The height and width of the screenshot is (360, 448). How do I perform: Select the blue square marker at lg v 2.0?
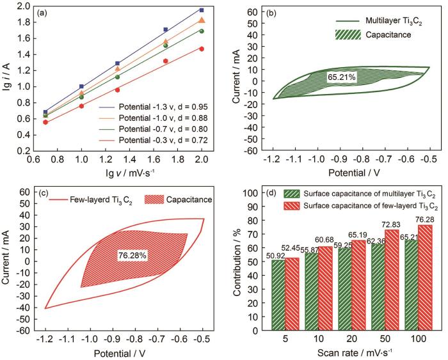[202, 10]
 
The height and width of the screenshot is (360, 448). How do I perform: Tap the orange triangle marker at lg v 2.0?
[202, 20]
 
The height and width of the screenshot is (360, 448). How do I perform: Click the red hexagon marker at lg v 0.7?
[45, 121]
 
